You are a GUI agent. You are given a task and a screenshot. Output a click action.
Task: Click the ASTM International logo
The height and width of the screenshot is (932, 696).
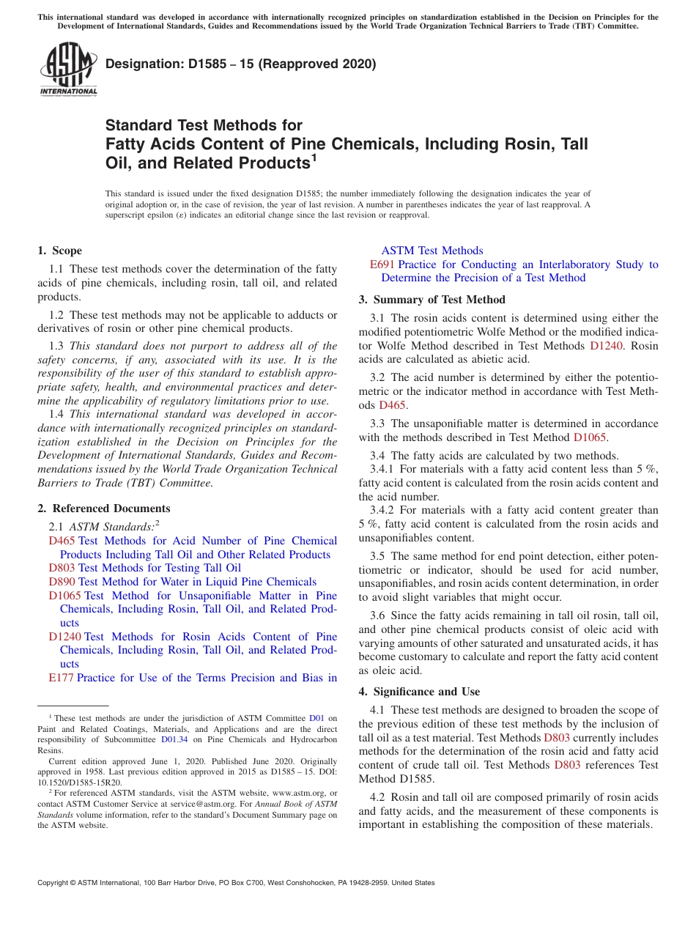(x=68, y=70)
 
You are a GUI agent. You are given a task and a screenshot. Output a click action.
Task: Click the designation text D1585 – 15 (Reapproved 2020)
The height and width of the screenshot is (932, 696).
(x=240, y=64)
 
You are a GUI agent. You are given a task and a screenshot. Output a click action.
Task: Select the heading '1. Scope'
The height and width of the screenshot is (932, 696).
(x=60, y=251)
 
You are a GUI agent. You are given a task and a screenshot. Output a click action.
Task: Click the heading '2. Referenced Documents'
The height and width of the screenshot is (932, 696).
(x=104, y=508)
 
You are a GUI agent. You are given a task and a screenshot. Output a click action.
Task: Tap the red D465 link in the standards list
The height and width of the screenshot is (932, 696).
(x=62, y=541)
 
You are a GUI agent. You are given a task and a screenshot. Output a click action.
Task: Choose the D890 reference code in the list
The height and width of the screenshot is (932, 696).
(x=62, y=582)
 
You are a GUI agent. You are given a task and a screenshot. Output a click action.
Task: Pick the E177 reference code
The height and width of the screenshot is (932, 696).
(x=61, y=678)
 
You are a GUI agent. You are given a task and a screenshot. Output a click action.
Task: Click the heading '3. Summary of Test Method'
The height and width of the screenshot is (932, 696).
(x=432, y=299)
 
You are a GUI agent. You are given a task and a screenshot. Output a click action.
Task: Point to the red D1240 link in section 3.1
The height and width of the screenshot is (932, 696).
(x=606, y=345)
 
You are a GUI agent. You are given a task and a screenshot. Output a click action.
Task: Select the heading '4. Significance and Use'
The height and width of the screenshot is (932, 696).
(x=419, y=692)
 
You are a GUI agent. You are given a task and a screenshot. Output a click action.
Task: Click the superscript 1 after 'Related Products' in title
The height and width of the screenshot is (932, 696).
(x=314, y=158)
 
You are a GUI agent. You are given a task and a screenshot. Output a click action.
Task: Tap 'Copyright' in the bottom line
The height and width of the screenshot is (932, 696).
(x=56, y=883)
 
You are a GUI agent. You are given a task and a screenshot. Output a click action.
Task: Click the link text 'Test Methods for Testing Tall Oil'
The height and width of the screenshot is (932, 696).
(x=160, y=568)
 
